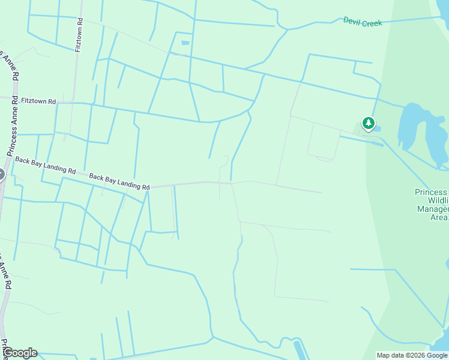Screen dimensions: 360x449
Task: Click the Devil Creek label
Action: pyautogui.click(x=363, y=21)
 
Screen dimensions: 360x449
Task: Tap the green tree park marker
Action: pyautogui.click(x=368, y=124)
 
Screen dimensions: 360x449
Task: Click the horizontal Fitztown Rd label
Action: pyautogui.click(x=38, y=101)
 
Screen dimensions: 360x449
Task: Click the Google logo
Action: pyautogui.click(x=20, y=353)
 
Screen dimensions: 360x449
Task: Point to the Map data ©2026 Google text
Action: pyautogui.click(x=412, y=355)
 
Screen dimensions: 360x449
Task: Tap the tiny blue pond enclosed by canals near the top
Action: pyautogui.click(x=185, y=43)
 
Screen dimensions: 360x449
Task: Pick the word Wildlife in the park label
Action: pyautogui.click(x=438, y=201)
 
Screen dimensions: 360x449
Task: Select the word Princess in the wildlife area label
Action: pyautogui.click(x=431, y=193)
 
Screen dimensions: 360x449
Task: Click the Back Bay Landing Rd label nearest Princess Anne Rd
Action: pyautogui.click(x=45, y=166)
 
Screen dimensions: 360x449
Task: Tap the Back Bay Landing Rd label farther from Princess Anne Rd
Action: pyautogui.click(x=119, y=182)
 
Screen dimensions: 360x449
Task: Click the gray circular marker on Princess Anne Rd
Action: pyautogui.click(x=1, y=175)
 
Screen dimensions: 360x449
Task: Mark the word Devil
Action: pyautogui.click(x=352, y=20)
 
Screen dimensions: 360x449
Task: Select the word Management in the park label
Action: pyautogui.click(x=432, y=209)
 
